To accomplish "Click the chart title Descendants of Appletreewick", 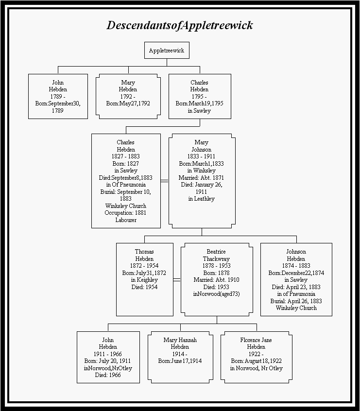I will pos(180,25).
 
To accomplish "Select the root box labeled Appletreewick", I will pos(167,51).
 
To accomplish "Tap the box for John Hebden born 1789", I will pos(58,96).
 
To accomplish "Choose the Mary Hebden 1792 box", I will pos(128,96).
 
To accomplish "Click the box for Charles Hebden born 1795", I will pos(200,96).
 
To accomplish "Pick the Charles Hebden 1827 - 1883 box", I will pos(126,181).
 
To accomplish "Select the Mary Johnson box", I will pos(202,181).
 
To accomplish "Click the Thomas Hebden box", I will pos(144,279).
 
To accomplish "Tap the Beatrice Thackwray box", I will pos(216,279).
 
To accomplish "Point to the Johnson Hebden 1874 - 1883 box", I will pos(296,279).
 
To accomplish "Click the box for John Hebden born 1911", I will pos(108,357).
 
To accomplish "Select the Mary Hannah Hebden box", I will pos(180,357).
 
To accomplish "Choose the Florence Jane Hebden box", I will pos(256,357).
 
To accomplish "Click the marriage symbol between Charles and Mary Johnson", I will pos(165,181).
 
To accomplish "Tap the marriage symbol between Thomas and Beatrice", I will pos(177,280).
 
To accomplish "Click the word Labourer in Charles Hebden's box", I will pos(126,220).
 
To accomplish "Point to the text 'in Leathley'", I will pos(201,199).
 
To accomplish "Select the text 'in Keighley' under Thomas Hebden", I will pos(144,280).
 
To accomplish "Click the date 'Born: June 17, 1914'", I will pos(180,361).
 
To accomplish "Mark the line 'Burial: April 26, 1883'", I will pos(296,301).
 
